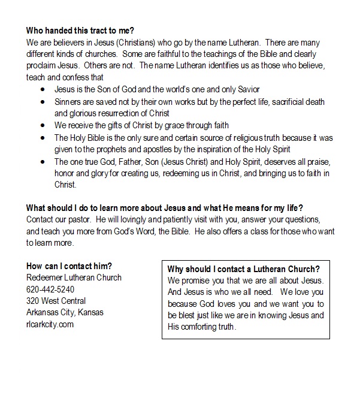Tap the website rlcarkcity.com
click(x=50, y=324)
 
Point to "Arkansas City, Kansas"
click(x=64, y=312)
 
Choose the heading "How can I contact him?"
click(x=69, y=266)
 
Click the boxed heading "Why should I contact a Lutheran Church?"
click(x=244, y=269)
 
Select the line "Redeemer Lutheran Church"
click(x=74, y=278)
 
